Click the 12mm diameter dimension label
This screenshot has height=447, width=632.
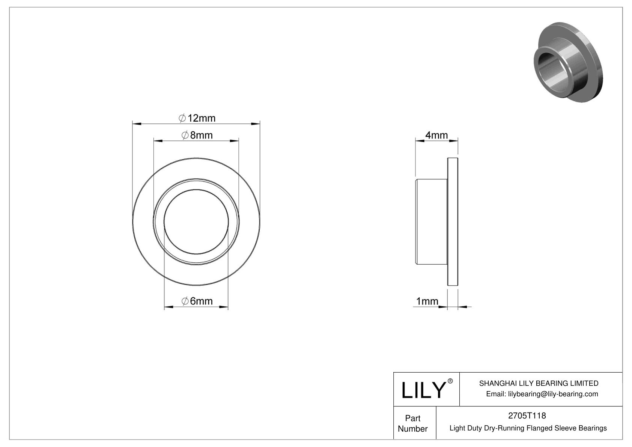(197, 118)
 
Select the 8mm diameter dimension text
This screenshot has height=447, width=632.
(197, 135)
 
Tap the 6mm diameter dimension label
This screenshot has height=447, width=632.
(197, 301)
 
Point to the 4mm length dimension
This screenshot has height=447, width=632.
(436, 135)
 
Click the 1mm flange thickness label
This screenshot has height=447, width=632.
(427, 301)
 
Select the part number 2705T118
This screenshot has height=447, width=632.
(527, 416)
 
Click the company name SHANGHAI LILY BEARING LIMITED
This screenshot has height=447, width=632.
(539, 383)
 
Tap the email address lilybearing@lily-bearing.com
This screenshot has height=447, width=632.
(542, 394)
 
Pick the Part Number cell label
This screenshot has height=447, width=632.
(413, 423)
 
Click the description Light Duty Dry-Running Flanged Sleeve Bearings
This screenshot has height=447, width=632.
(528, 428)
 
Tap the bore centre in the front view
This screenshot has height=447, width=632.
(196, 221)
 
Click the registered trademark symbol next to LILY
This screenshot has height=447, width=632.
(450, 381)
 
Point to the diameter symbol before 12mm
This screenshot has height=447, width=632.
(182, 118)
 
